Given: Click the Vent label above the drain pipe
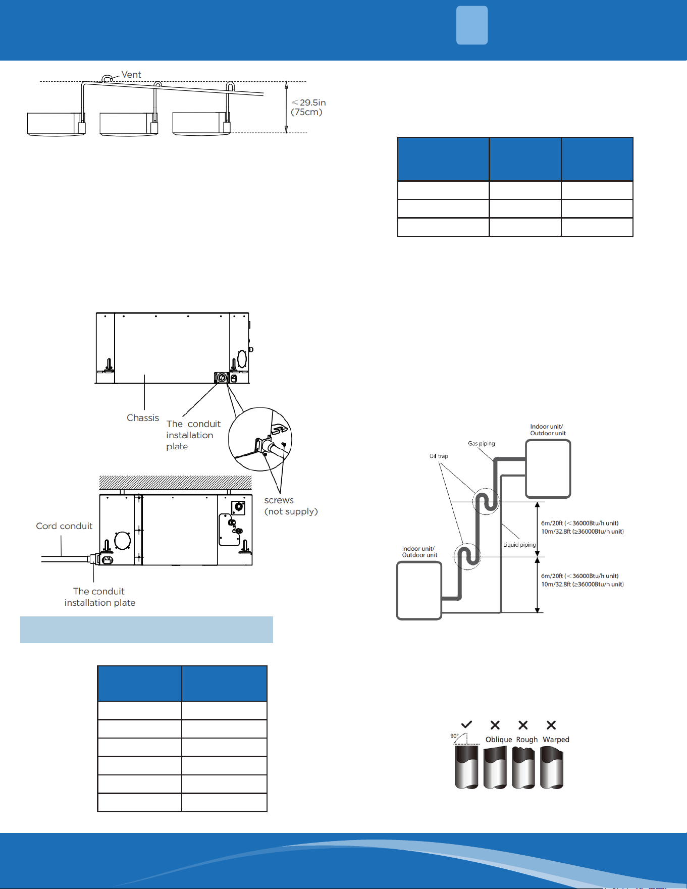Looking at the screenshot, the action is (131, 75).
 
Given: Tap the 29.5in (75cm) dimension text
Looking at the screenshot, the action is (308, 107).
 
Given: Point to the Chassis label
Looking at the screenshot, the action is (143, 418).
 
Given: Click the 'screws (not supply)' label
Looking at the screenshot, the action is (291, 506).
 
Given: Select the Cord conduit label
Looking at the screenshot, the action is (64, 526).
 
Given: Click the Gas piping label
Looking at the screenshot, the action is (482, 444).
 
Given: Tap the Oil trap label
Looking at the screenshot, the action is (439, 456).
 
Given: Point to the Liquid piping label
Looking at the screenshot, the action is (519, 545).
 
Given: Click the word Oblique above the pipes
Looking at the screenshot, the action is (499, 740).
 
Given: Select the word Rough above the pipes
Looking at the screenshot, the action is (527, 740).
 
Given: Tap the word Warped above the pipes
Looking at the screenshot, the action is (556, 740).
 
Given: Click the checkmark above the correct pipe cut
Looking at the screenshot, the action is (467, 725).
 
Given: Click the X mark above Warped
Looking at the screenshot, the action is (551, 725).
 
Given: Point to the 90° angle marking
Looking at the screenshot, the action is (455, 736).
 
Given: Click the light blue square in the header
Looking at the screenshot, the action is (472, 25).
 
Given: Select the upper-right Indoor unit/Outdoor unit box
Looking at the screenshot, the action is (548, 468).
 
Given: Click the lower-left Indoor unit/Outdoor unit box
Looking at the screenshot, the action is (419, 591).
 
